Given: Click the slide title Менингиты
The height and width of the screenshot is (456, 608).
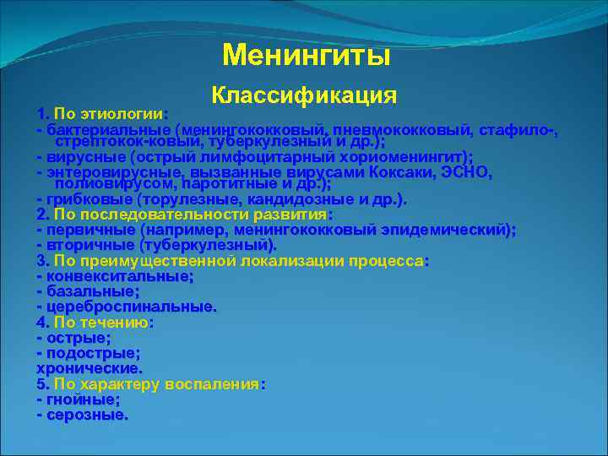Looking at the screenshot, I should click(x=306, y=56).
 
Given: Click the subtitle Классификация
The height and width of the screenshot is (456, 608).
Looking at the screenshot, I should click(x=304, y=95).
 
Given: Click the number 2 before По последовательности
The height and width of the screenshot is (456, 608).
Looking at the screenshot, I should click(x=41, y=214).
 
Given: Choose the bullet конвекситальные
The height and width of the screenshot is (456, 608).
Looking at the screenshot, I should click(x=120, y=276).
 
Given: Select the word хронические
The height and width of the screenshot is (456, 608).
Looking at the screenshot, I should click(x=90, y=368).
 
